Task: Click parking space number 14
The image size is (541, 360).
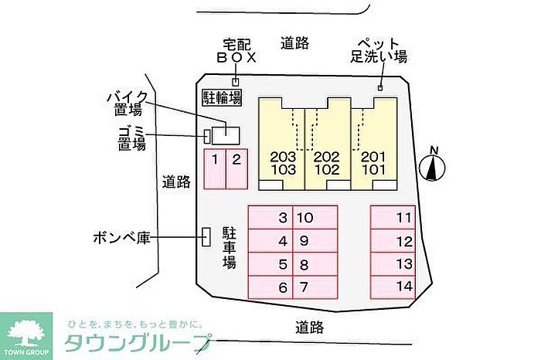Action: click(393, 287)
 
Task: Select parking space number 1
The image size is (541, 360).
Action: click(213, 169)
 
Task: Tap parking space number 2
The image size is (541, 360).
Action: click(236, 169)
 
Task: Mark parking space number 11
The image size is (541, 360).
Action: click(393, 217)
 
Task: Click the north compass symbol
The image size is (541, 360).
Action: click(434, 165)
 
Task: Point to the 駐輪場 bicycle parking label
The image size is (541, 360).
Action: click(222, 97)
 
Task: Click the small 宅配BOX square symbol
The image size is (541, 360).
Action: click(236, 82)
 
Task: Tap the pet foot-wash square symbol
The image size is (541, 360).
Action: click(379, 87)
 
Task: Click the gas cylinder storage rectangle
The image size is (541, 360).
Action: click(206, 237)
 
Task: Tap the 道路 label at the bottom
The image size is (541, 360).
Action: click(309, 327)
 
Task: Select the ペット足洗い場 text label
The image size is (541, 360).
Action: click(379, 49)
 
